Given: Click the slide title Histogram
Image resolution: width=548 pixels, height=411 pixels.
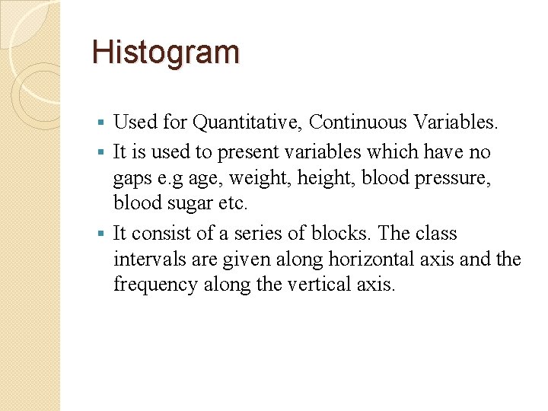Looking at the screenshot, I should point(165,53).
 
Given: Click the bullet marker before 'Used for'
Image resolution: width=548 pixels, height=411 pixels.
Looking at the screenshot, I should point(104,122).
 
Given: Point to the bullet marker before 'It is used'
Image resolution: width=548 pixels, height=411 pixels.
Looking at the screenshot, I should point(104,152).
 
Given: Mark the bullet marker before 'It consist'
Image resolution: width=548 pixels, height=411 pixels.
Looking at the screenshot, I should point(104,234).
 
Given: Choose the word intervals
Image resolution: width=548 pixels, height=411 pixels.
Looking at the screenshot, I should point(142,260).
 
